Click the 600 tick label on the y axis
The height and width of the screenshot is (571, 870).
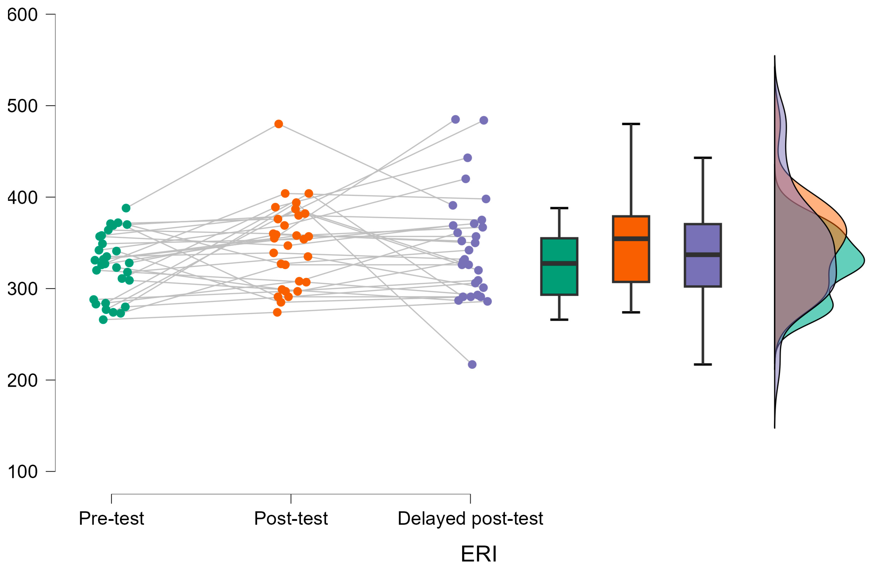coord(22,15)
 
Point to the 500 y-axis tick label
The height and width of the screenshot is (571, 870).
coord(22,106)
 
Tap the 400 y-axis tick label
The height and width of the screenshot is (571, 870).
coord(22,197)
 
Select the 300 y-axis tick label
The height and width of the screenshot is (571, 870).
coord(22,289)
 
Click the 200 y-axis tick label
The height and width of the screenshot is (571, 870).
coord(22,380)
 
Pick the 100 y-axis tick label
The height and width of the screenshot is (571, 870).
coord(22,472)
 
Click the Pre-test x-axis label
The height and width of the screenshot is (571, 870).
coord(112,519)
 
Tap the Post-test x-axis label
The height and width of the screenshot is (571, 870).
coord(291,519)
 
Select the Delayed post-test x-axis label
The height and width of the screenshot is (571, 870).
coord(471,519)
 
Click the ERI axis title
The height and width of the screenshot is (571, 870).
coord(479,554)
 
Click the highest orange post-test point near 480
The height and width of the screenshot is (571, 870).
coord(279,124)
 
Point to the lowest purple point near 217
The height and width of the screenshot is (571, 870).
coord(472,364)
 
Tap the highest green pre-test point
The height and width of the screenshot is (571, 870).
coord(126,208)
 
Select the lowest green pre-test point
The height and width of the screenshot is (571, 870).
coord(104,320)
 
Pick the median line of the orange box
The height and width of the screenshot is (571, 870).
coord(631,239)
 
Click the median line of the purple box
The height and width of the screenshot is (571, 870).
coord(703,254)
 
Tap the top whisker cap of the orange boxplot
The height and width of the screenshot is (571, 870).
coord(631,124)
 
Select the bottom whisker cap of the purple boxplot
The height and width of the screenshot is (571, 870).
coord(703,364)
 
